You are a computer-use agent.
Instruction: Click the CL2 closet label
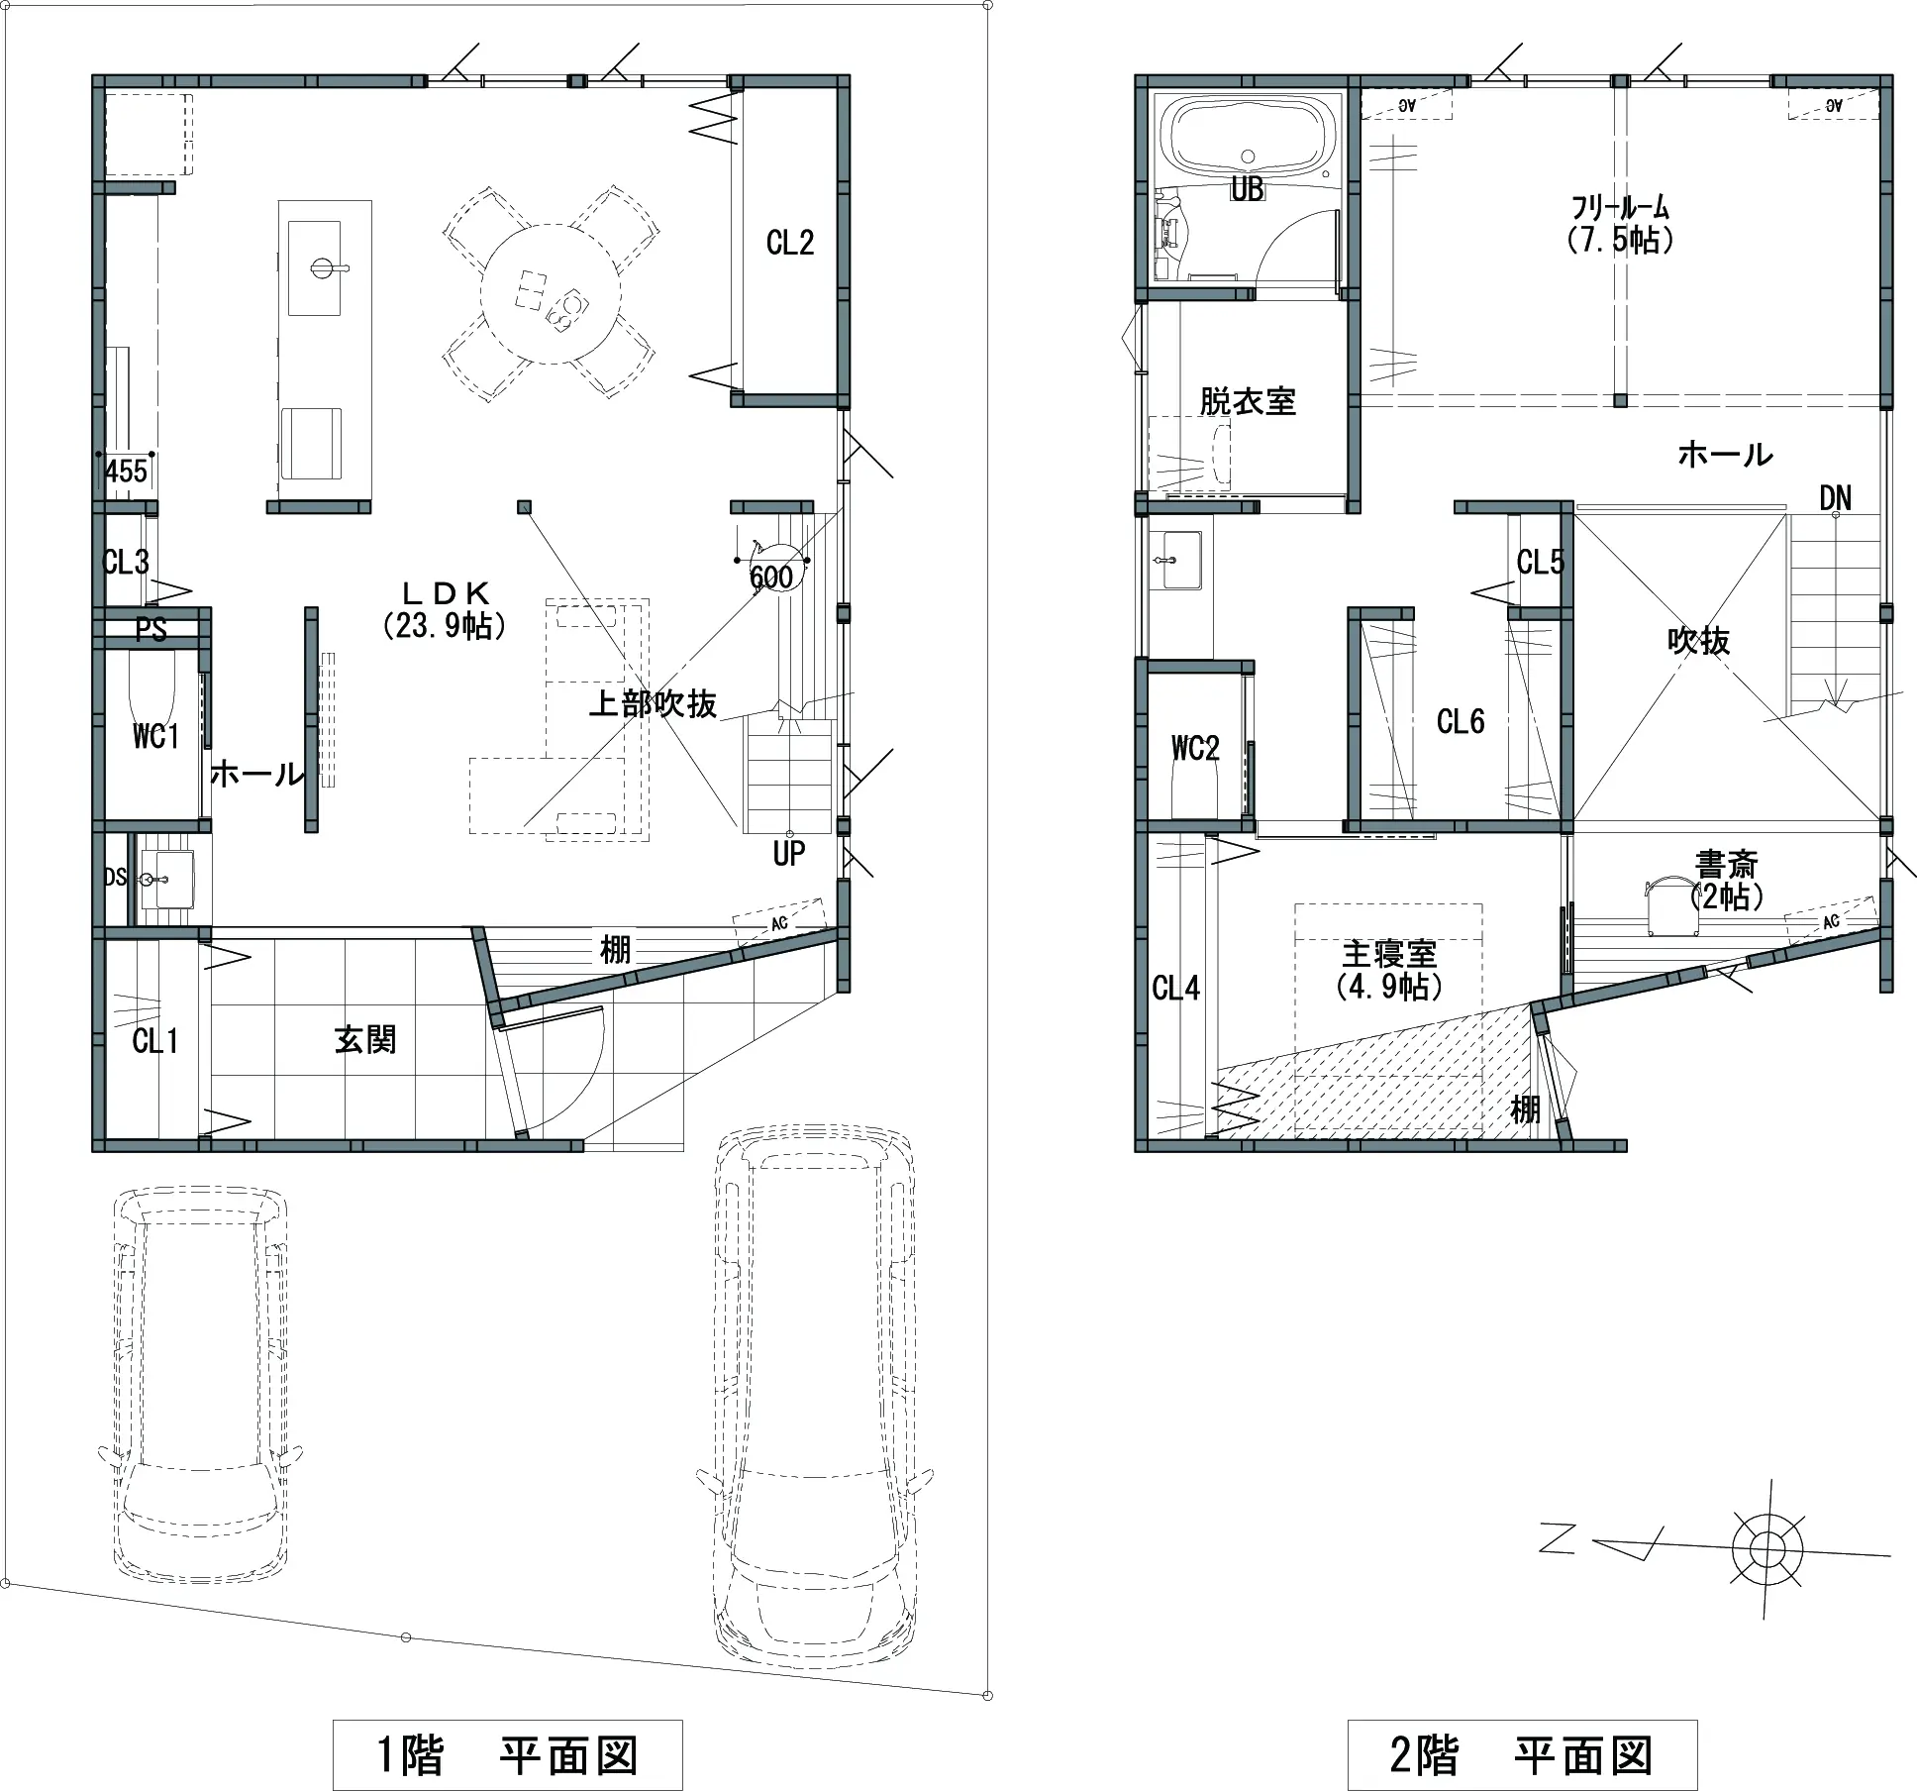pyautogui.click(x=790, y=242)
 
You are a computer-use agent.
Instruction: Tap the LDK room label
pyautogui.click(x=446, y=592)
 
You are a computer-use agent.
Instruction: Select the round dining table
pyautogui.click(x=551, y=294)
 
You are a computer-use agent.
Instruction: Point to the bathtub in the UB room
pyautogui.click(x=1248, y=138)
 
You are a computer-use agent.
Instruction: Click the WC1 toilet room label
pyautogui.click(x=155, y=736)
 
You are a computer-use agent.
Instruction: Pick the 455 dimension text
pyautogui.click(x=127, y=471)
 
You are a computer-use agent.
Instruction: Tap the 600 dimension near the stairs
pyautogui.click(x=771, y=577)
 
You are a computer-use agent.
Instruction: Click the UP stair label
pyautogui.click(x=789, y=853)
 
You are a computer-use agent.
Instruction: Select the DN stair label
pyautogui.click(x=1835, y=498)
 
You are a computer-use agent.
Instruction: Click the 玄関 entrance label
pyautogui.click(x=365, y=1039)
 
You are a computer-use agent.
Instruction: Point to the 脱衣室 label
pyautogui.click(x=1248, y=401)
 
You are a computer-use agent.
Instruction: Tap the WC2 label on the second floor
pyautogui.click(x=1195, y=748)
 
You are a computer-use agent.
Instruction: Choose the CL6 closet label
pyautogui.click(x=1461, y=721)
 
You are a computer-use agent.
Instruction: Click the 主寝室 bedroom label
pyautogui.click(x=1389, y=954)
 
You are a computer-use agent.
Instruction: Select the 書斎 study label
pyautogui.click(x=1727, y=864)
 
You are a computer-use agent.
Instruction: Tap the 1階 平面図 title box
pyautogui.click(x=507, y=1755)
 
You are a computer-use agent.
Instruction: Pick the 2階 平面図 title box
pyautogui.click(x=1522, y=1755)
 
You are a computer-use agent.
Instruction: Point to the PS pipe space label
pyautogui.click(x=151, y=629)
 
